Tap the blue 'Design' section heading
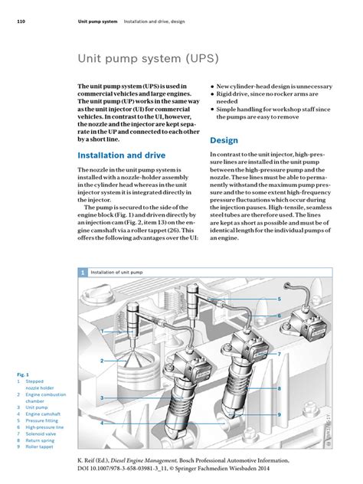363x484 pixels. pyautogui.click(x=224, y=141)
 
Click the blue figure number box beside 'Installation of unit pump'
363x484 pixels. pyautogui.click(x=83, y=272)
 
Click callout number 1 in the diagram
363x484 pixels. pyautogui.click(x=101, y=331)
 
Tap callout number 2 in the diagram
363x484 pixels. pyautogui.click(x=101, y=357)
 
